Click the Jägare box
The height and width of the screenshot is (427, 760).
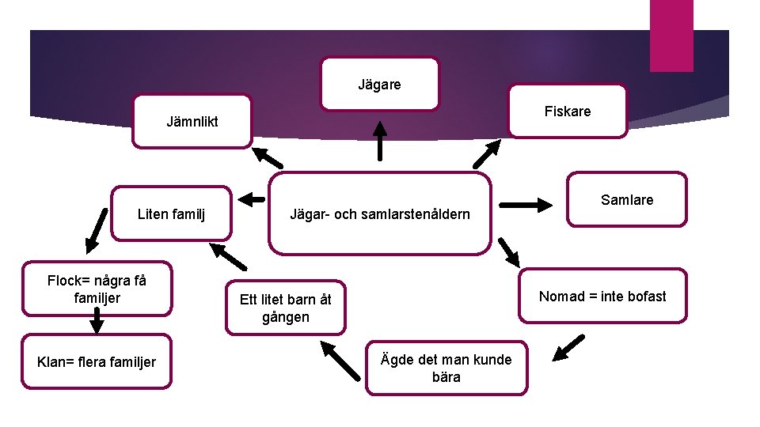click(x=379, y=83)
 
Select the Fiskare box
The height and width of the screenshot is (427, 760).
click(x=567, y=111)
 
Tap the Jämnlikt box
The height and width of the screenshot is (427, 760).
click(x=192, y=122)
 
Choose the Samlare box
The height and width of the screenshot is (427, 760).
click(x=627, y=199)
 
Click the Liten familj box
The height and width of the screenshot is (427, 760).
click(x=171, y=213)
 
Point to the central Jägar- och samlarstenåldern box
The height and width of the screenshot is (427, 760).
click(x=379, y=213)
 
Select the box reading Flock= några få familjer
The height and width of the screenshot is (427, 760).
click(x=97, y=289)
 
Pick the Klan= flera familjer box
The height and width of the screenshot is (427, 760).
click(x=97, y=362)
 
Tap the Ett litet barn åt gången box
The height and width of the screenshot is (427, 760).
click(x=285, y=308)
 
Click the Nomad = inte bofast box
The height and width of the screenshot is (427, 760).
click(x=602, y=296)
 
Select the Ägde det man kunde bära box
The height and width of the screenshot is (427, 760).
click(x=446, y=368)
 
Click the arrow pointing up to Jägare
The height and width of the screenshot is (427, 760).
click(x=381, y=140)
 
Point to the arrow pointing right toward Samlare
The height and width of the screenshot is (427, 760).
click(x=527, y=205)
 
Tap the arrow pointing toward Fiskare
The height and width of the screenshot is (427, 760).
click(x=487, y=153)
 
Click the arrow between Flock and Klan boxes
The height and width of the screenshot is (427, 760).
click(x=97, y=319)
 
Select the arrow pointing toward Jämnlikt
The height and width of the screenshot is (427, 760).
click(x=267, y=157)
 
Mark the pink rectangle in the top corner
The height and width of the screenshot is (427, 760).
click(x=671, y=36)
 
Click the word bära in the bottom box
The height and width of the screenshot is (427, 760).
click(x=446, y=377)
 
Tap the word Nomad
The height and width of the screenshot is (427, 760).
click(x=559, y=296)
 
